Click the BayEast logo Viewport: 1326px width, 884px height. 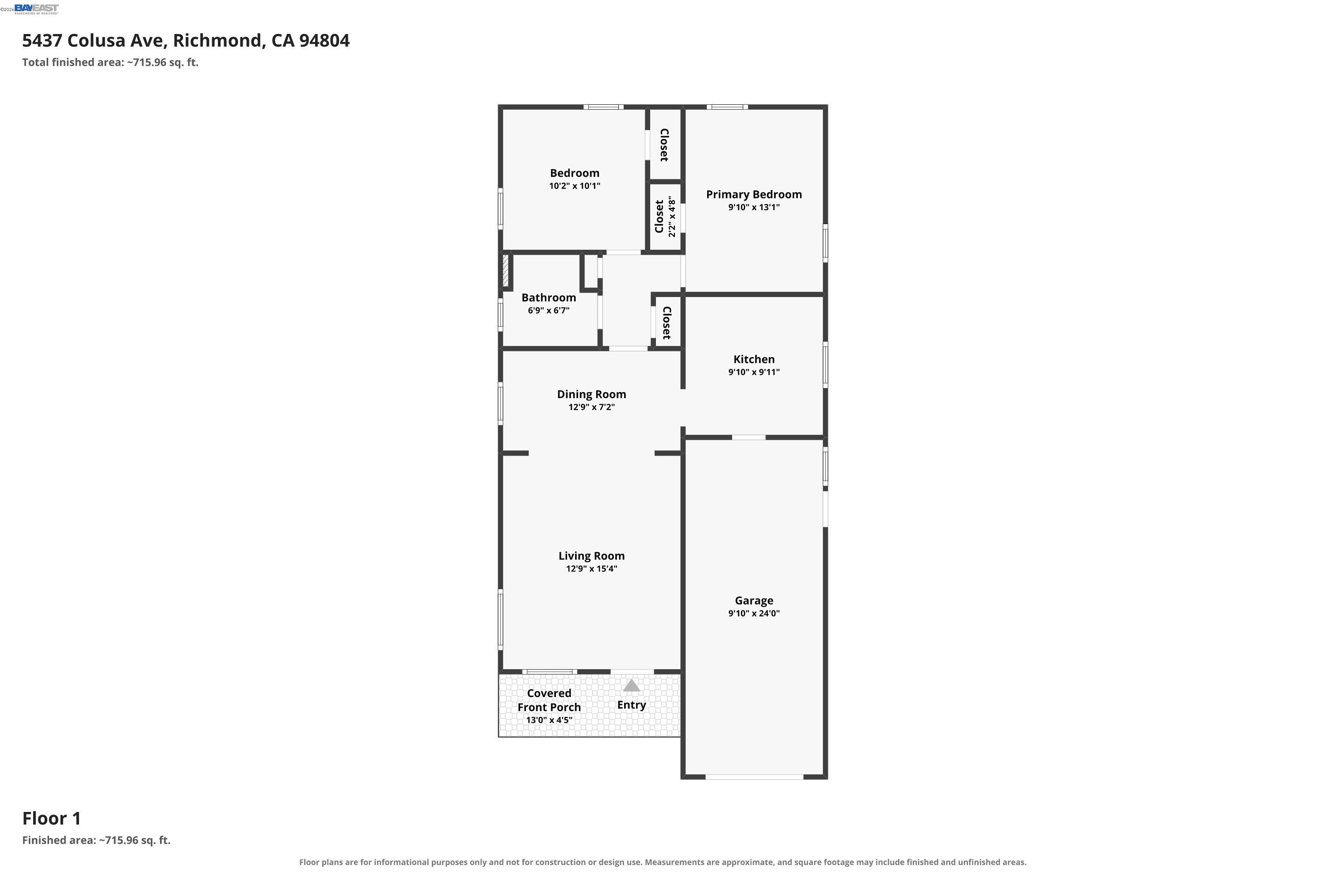pos(36,9)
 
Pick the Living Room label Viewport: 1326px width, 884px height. pos(591,556)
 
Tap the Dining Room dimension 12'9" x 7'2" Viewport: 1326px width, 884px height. pos(591,407)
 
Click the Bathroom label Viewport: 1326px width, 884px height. pos(549,297)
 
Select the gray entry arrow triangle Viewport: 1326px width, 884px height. pos(632,686)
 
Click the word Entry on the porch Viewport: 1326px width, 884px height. pos(632,705)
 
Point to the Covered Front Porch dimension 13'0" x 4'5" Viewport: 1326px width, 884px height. pos(549,720)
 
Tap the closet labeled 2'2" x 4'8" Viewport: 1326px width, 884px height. pos(665,217)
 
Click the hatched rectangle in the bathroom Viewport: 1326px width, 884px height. pos(506,271)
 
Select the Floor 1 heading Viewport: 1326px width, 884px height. pos(52,818)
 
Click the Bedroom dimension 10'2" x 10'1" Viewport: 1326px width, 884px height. pos(575,186)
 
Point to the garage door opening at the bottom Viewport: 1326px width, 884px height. pos(754,777)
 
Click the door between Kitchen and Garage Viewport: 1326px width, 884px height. pos(749,438)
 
